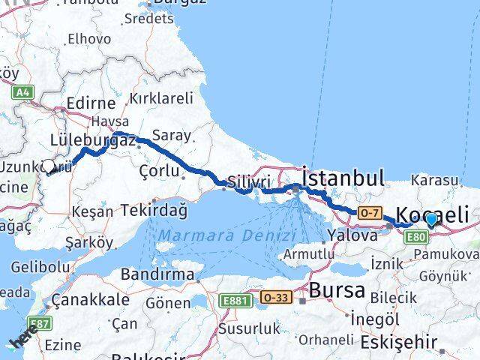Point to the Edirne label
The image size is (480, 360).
tap(91, 103)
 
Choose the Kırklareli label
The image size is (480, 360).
tap(161, 98)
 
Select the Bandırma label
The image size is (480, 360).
tap(158, 274)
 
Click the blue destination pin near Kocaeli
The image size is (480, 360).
tap(431, 219)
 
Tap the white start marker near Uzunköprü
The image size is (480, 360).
tap(49, 166)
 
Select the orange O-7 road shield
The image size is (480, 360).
tap(370, 213)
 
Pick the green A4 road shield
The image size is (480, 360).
tap(23, 91)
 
